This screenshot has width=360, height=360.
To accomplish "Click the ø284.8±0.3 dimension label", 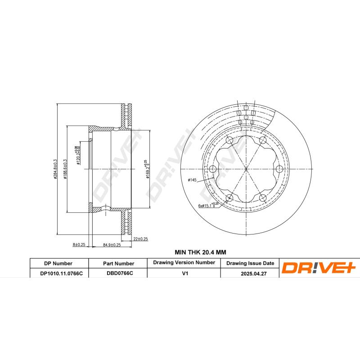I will (55, 169).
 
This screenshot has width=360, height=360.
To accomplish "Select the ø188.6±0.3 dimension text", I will (65, 169).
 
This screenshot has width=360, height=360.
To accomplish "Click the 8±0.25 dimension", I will (79, 244).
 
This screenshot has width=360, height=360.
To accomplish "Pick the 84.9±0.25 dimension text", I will (112, 244).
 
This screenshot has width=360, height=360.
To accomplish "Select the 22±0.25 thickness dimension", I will (141, 238).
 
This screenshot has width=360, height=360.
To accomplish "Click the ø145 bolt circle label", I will (193, 180).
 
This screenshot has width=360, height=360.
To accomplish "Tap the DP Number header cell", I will (58, 263).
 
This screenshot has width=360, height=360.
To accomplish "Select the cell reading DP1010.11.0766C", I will (58, 273).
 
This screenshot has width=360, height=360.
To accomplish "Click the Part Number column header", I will (118, 263).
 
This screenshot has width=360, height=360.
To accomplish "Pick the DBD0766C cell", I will (118, 273).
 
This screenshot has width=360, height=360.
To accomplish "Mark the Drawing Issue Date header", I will (250, 263).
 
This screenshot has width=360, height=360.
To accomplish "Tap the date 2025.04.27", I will (250, 273).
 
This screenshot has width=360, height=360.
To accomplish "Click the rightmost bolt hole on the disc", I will (279, 169).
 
